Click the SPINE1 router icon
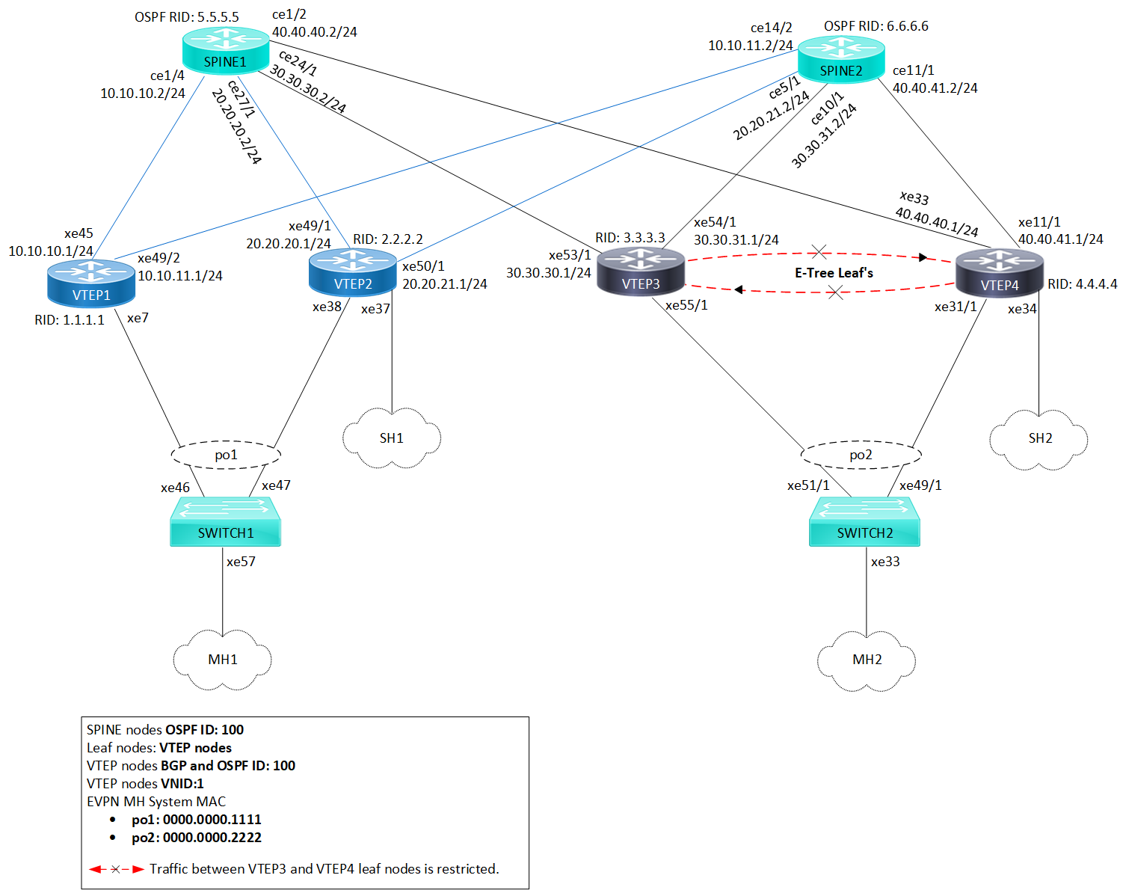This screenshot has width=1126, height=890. [225, 51]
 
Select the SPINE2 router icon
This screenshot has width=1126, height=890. [841, 60]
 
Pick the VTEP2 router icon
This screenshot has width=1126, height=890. [353, 273]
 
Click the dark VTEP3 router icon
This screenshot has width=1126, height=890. [641, 272]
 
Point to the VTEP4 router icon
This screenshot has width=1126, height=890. [1000, 274]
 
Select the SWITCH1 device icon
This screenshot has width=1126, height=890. [225, 522]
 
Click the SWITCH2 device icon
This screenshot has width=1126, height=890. [864, 522]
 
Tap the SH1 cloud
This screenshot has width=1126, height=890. [392, 438]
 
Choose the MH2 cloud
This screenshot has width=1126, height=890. [867, 660]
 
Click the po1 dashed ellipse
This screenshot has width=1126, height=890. [226, 455]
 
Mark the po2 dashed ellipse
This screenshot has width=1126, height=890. [861, 455]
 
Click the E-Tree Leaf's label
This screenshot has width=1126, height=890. [834, 273]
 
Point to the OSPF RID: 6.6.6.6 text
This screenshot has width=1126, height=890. [876, 26]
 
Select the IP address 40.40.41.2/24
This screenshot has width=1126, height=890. [935, 88]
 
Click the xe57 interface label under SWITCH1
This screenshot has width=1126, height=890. [241, 562]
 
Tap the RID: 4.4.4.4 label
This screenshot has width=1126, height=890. [1082, 284]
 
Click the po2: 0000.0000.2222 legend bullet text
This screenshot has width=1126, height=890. [197, 838]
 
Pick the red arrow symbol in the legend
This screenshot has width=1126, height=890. [117, 869]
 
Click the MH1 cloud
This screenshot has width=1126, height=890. [223, 660]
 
